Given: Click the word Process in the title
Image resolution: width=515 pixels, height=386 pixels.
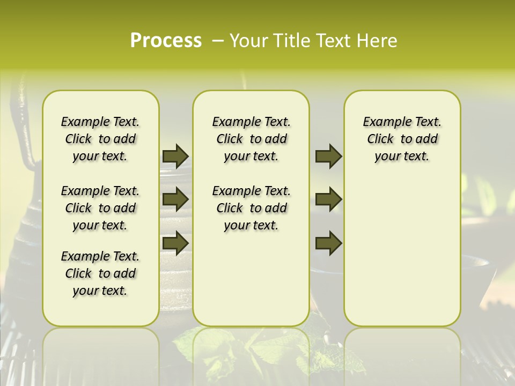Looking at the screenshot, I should pyautogui.click(x=166, y=41).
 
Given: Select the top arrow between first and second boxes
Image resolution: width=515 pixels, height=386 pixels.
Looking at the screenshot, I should pyautogui.click(x=175, y=156).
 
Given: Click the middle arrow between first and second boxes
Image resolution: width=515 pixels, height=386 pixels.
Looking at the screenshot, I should pyautogui.click(x=175, y=199).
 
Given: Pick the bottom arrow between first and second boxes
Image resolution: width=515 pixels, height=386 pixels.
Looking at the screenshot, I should pyautogui.click(x=175, y=243).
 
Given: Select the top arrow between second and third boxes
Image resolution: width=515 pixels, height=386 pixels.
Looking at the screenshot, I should pyautogui.click(x=328, y=156).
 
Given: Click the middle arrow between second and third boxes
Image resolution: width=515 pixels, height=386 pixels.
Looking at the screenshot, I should pyautogui.click(x=328, y=199).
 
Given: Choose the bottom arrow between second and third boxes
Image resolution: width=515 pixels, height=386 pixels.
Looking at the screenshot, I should pyautogui.click(x=328, y=243).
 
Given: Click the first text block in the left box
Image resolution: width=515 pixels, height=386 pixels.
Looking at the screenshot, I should pyautogui.click(x=100, y=139).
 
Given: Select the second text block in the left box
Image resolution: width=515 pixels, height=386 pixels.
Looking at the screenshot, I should pyautogui.click(x=100, y=208).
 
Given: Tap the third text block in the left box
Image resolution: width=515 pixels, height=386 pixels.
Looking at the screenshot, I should pyautogui.click(x=100, y=273).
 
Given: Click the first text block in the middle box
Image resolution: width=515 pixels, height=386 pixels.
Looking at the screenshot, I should pyautogui.click(x=251, y=139).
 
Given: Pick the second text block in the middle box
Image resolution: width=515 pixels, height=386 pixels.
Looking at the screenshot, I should pyautogui.click(x=251, y=208).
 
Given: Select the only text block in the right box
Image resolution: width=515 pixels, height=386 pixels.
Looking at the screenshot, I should pyautogui.click(x=402, y=139).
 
